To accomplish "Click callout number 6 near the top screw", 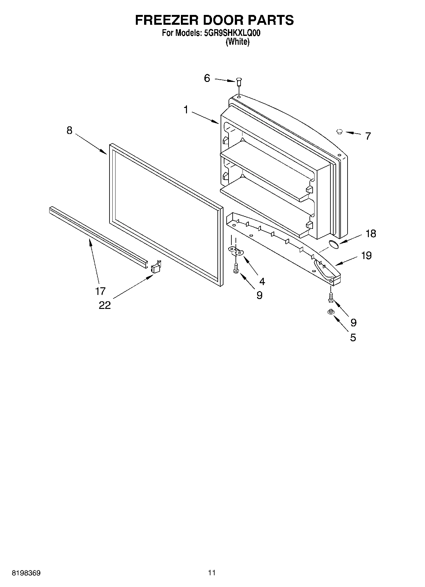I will (207, 78).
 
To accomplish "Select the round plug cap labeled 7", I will (340, 131).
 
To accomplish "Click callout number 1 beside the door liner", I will (186, 110).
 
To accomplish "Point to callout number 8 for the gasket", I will (70, 130).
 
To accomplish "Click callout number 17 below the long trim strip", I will (100, 291).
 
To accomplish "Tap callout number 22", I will (105, 305).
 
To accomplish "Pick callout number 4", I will (262, 281).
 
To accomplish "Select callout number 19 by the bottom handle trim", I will (366, 256).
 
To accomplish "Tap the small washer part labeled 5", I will (331, 312).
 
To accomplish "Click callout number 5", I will (353, 337).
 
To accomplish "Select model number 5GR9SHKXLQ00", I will (231, 33).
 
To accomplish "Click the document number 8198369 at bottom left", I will (26, 573).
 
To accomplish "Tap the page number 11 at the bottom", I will (212, 573).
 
